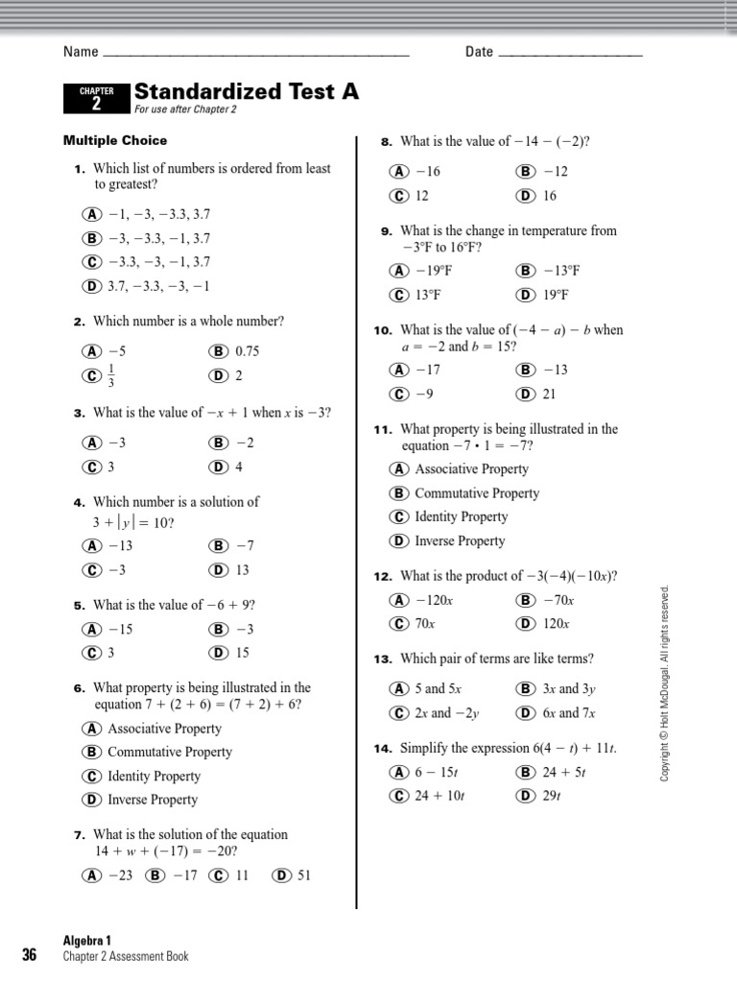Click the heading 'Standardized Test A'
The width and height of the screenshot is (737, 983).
coord(247,91)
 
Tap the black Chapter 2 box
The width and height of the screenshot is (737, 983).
coord(96,98)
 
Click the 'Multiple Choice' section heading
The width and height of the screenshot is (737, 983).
coord(115,140)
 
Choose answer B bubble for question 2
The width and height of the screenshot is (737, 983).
coord(218,351)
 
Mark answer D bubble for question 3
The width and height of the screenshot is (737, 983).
coord(218,468)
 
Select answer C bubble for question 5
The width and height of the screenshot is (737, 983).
coord(92,653)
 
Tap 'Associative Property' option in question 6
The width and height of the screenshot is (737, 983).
coord(164,729)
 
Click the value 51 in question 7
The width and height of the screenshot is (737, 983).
coord(304,875)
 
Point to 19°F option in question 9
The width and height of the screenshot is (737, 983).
coord(556,295)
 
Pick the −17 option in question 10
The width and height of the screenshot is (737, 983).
coord(427,370)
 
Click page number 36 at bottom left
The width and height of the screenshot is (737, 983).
coord(29,955)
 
